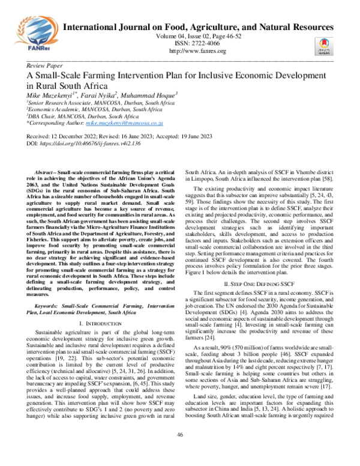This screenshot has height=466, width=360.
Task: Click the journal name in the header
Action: pos(198,28)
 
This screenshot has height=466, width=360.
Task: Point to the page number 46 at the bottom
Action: pos(180,450)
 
